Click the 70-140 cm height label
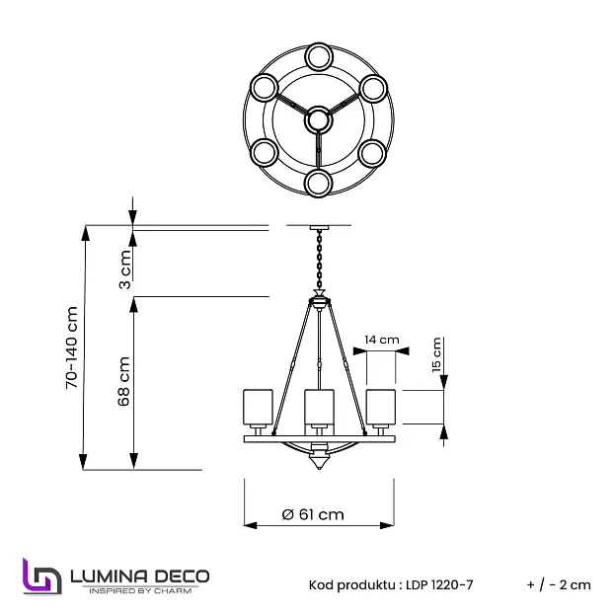pos(72,347)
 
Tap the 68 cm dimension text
pos(124,381)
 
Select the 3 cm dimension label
pos(125,269)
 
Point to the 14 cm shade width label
pos(381,340)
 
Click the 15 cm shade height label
pos(436,354)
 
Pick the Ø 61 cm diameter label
pos(313,514)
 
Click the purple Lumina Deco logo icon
pos(42,576)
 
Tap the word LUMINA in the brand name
pos(109,577)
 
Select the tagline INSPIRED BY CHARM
pos(140,590)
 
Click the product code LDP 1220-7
pos(439,584)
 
